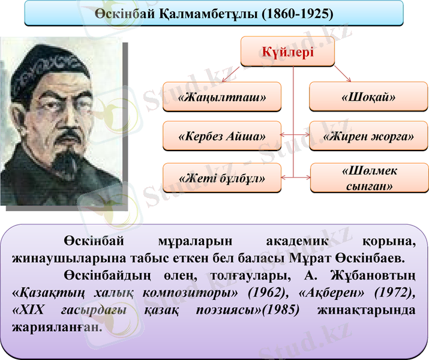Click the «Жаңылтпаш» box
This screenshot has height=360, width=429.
point(222,97)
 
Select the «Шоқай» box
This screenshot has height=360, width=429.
point(368,97)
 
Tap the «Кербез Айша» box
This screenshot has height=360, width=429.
point(222,136)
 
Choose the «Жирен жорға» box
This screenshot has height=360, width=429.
point(368,136)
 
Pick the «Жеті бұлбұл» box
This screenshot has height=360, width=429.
point(222,178)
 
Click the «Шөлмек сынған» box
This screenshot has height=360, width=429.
point(368,178)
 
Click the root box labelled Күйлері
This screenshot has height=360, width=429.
point(287,52)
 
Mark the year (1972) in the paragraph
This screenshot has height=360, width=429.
point(394,292)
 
